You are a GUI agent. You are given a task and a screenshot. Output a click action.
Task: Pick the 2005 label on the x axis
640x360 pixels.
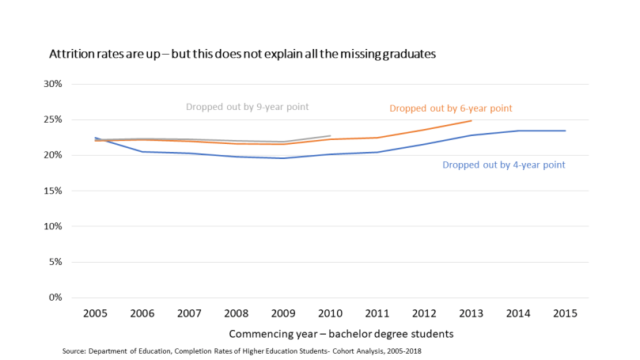(x=96, y=313)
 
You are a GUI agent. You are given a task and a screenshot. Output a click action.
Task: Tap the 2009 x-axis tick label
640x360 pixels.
(x=283, y=313)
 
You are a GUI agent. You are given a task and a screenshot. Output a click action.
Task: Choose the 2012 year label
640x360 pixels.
(x=424, y=313)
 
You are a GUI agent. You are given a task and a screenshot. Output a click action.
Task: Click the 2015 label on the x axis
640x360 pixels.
(x=565, y=313)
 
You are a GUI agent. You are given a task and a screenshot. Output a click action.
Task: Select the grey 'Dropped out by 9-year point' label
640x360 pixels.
(x=247, y=106)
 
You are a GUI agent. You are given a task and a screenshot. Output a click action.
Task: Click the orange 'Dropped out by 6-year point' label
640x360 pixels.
(x=451, y=108)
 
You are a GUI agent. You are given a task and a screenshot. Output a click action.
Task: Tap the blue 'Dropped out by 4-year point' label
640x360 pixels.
(x=504, y=165)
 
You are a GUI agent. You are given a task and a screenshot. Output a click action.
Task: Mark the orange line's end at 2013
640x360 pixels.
(x=471, y=121)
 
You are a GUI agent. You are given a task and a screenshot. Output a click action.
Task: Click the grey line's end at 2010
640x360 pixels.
(x=330, y=135)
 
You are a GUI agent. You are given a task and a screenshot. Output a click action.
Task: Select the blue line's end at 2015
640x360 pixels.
(x=565, y=131)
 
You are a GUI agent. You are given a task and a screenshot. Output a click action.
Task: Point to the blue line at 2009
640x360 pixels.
(x=283, y=158)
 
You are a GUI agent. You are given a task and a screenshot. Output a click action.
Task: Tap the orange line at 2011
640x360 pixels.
(x=377, y=138)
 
